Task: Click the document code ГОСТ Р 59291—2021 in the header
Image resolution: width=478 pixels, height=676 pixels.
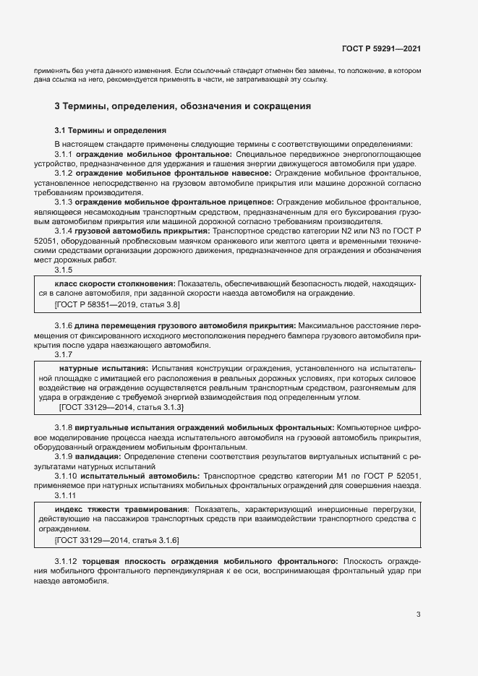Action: (x=380, y=48)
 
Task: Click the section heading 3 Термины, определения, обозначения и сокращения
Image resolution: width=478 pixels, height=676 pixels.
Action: (x=183, y=106)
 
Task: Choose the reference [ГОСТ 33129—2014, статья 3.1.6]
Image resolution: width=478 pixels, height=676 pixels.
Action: (x=116, y=540)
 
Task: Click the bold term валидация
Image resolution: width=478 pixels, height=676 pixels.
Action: (x=101, y=457)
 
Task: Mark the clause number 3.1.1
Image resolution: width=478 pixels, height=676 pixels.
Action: (x=65, y=153)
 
